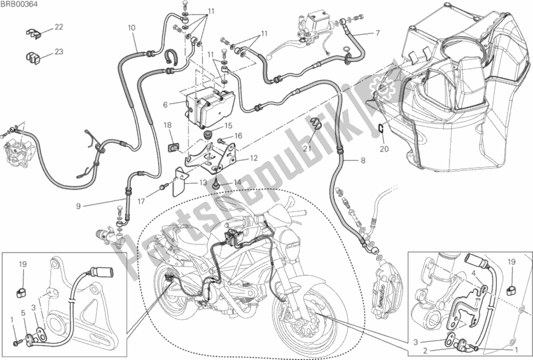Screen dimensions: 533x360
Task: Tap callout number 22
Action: point(59,27)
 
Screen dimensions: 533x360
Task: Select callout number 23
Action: point(59,51)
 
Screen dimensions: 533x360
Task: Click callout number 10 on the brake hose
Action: point(132,27)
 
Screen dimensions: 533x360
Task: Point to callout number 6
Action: point(166,104)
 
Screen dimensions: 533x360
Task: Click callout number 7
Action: point(377,33)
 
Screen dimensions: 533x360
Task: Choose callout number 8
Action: point(363,160)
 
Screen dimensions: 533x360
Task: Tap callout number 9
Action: point(78,206)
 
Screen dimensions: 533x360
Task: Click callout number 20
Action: point(384,149)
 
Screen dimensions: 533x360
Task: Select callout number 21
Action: point(307,148)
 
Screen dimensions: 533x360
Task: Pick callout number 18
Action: point(167,125)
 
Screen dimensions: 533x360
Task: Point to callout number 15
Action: point(228,126)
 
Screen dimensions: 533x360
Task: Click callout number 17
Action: point(141,201)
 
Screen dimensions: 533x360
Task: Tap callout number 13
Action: point(203,182)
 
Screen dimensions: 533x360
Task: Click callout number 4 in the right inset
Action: point(473,273)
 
